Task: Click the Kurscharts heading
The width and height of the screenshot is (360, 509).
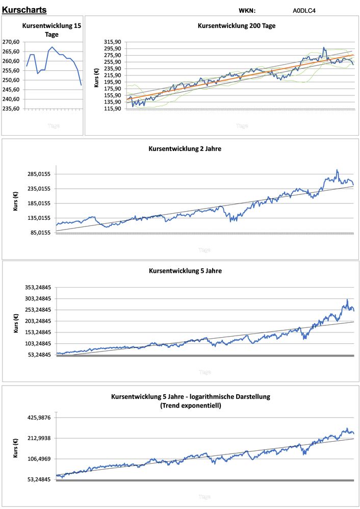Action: tap(24, 10)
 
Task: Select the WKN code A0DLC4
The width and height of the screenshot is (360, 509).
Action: tap(304, 10)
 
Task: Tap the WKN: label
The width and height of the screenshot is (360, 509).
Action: tap(247, 10)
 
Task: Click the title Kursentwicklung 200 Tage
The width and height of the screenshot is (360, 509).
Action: tap(237, 26)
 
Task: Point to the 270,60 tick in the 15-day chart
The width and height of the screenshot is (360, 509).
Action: tap(11, 42)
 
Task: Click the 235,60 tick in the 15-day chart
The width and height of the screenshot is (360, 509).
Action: tap(11, 109)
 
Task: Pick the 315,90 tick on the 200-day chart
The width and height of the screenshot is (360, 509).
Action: tap(112, 42)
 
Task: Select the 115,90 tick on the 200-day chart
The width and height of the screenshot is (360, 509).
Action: tap(112, 109)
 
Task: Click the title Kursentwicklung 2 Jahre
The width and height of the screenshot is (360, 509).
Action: tap(185, 149)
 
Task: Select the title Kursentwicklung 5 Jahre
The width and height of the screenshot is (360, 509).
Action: tap(185, 271)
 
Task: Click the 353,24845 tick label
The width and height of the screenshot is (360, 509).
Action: tap(36, 288)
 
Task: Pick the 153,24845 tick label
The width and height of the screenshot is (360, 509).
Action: tap(36, 332)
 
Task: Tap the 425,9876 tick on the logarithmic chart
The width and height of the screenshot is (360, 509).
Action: tap(38, 418)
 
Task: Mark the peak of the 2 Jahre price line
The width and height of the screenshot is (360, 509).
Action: tap(337, 170)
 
